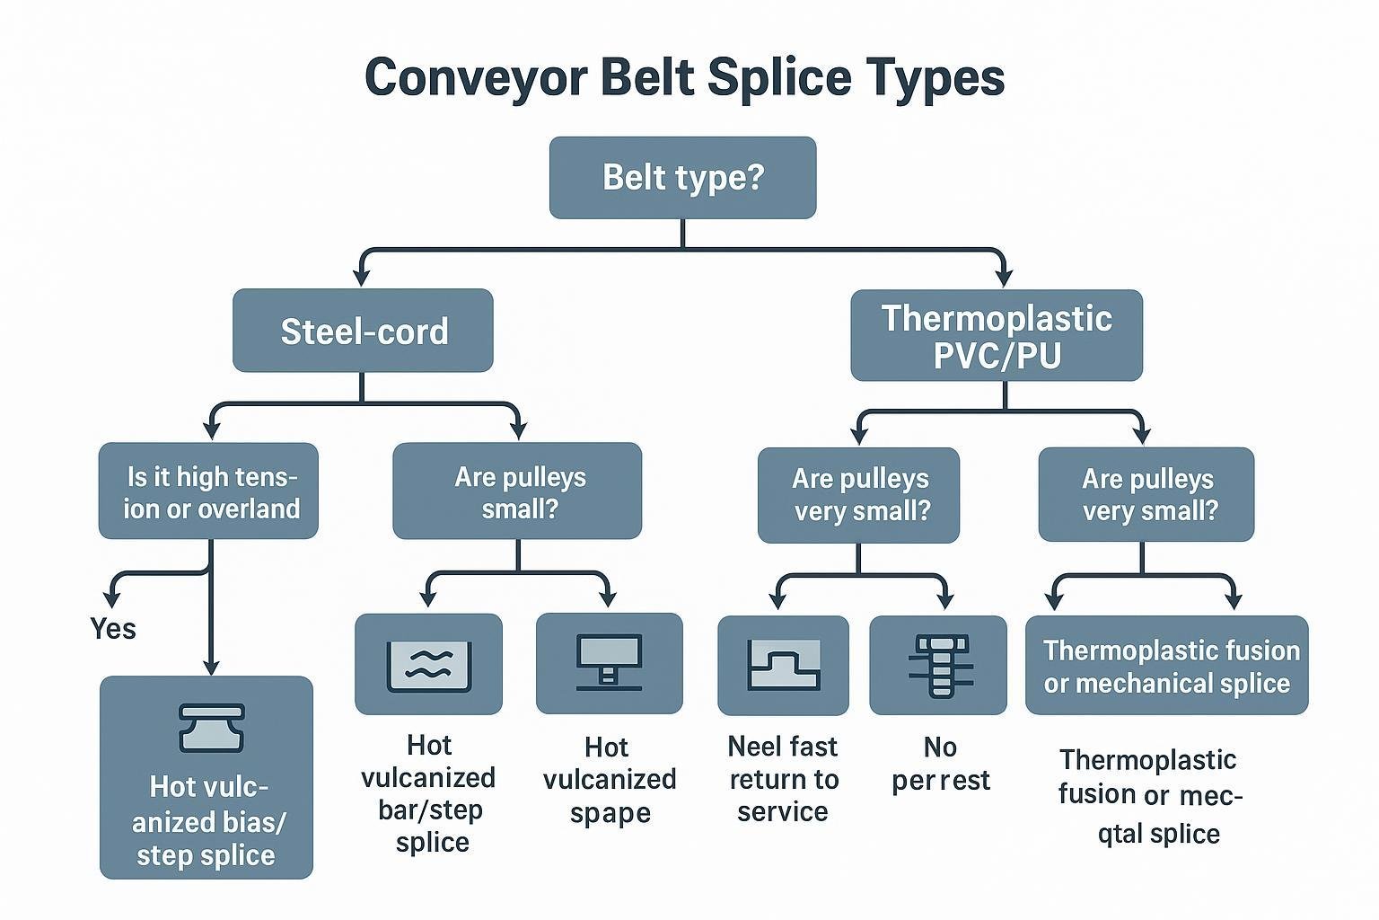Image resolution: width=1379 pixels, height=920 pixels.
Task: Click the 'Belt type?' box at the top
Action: [x=682, y=177]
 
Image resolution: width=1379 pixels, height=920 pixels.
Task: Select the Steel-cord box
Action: [x=363, y=331]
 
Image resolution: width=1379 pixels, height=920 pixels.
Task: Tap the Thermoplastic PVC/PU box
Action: [x=997, y=335]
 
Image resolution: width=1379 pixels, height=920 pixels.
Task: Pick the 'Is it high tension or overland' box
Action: [x=208, y=491]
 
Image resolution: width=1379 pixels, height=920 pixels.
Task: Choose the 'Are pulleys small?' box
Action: [x=517, y=491]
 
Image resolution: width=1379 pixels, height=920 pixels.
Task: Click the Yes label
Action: [x=113, y=629]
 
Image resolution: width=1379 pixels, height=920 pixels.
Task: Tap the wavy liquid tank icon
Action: [x=428, y=665]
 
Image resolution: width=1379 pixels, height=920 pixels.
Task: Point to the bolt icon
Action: [x=938, y=666]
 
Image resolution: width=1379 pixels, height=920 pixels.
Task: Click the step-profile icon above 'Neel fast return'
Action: [x=783, y=666]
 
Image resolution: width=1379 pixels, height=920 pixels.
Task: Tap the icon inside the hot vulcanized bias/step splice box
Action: [x=211, y=728]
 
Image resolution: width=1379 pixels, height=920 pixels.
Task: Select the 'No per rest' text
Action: [x=940, y=764]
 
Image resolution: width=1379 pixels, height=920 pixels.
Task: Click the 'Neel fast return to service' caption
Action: [x=783, y=779]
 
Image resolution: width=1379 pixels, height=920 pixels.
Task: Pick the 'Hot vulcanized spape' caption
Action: [x=609, y=780]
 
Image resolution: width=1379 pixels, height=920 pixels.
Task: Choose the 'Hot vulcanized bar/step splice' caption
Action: [x=428, y=793]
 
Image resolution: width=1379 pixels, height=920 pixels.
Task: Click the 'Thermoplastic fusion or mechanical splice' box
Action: [x=1166, y=666]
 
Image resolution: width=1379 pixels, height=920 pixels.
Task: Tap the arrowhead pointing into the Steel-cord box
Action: [x=361, y=275]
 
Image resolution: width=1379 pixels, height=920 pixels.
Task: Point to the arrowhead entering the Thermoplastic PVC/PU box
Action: [x=1004, y=275]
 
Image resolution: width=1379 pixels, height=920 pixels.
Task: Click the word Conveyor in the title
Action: [x=475, y=77]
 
